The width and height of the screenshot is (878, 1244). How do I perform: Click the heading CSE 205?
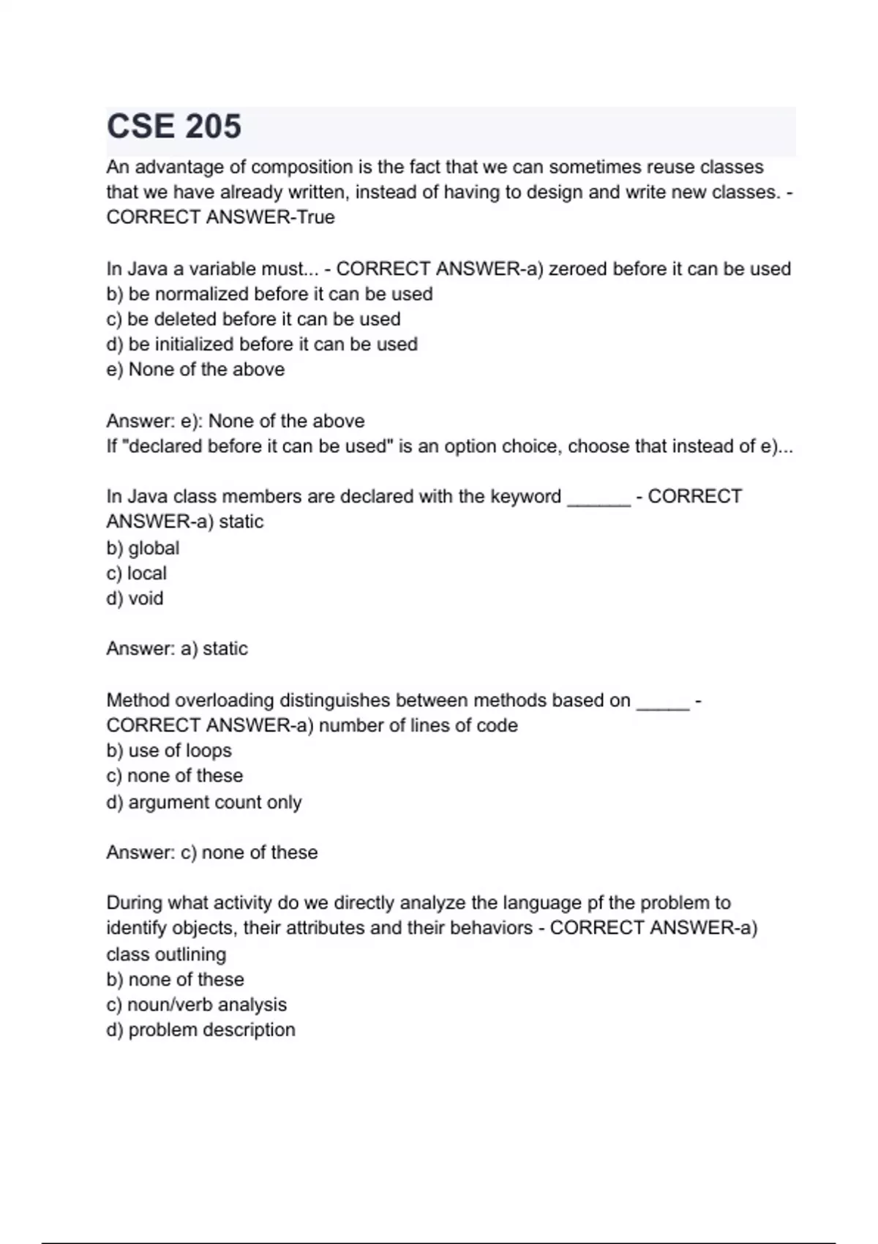point(174,127)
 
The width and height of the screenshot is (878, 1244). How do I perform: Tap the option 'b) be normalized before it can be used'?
point(269,294)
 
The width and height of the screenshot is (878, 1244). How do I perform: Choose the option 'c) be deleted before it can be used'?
point(253,320)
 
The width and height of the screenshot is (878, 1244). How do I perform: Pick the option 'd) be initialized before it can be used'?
point(262,345)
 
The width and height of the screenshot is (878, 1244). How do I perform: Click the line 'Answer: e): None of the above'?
point(235,421)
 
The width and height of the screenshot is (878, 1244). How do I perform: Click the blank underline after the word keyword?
point(599,498)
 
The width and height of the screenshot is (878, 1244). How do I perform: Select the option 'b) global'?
point(143,548)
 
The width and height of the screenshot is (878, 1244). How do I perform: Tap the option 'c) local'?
point(136,574)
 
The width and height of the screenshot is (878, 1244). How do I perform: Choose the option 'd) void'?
point(135,599)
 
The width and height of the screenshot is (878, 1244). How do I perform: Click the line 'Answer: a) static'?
point(177,649)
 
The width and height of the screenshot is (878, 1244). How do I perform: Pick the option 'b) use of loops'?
point(169,751)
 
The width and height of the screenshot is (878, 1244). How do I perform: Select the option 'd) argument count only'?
point(204,803)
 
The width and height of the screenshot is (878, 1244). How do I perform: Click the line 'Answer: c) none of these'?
point(212,853)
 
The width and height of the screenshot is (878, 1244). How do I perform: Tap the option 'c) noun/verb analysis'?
point(196,1005)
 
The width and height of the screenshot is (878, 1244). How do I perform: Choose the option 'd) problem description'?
point(200,1030)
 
